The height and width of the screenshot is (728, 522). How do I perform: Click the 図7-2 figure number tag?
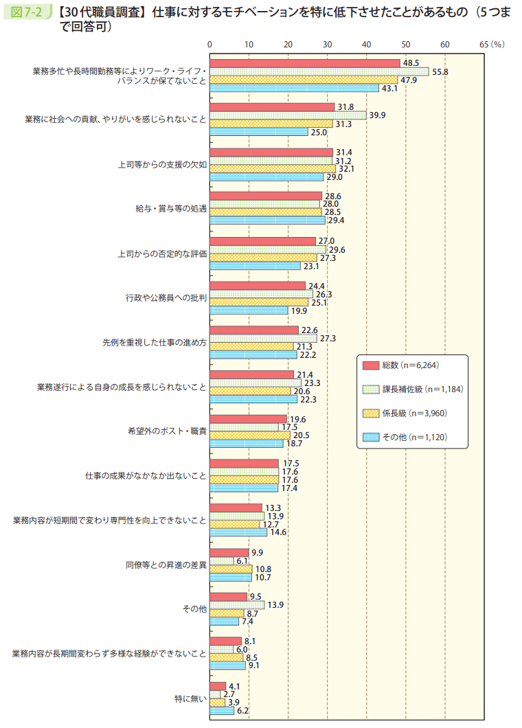tap(27, 11)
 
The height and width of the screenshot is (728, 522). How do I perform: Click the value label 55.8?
tap(440, 71)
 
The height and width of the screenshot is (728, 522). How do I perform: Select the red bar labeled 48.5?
tap(304, 63)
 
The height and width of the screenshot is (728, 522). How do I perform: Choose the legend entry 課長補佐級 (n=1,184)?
tap(411, 389)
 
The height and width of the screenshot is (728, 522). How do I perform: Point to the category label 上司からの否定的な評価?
tap(162, 253)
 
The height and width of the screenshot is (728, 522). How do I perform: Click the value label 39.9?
tap(377, 115)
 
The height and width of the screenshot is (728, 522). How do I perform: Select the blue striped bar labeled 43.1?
tap(294, 88)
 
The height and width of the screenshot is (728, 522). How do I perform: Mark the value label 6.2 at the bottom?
tap(242, 711)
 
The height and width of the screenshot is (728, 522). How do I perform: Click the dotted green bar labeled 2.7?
tap(215, 694)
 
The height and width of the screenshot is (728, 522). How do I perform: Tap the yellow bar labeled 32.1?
tap(272, 168)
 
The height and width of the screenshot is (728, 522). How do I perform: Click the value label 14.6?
tap(278, 532)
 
